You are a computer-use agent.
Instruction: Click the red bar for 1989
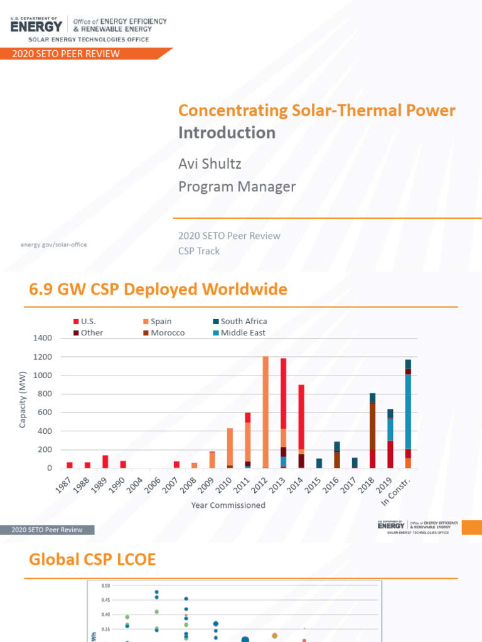[105, 462]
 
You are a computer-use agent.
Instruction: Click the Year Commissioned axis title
[228, 505]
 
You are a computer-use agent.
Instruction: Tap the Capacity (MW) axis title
[23, 400]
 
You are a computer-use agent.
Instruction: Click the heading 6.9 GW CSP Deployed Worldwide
[158, 290]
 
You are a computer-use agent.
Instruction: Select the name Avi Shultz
[210, 164]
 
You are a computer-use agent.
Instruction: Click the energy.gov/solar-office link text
[55, 245]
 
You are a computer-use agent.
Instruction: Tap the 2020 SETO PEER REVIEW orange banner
[66, 54]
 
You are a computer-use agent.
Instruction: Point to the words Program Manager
[237, 187]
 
